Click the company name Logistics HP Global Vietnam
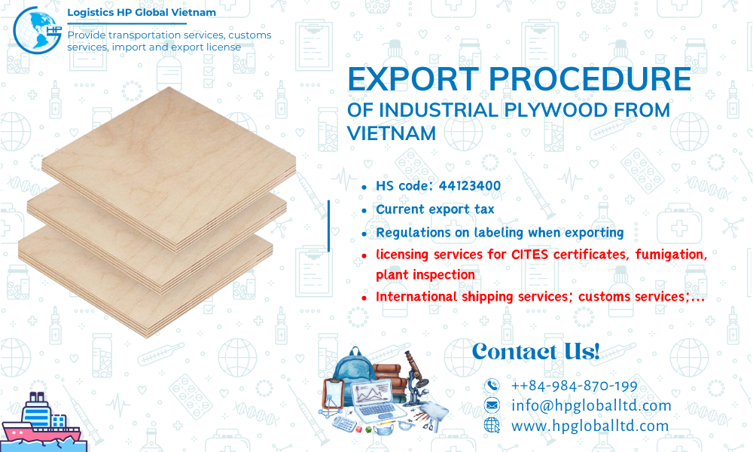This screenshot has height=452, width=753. [142, 13]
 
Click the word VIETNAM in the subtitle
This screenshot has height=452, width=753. [392, 133]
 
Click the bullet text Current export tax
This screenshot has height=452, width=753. [435, 209]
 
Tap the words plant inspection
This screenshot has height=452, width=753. [425, 275]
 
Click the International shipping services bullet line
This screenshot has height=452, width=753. [540, 297]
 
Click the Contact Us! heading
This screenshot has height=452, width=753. [535, 351]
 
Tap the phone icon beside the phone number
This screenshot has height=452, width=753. [492, 386]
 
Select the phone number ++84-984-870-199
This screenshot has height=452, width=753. [574, 386]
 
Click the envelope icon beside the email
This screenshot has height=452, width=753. [492, 405]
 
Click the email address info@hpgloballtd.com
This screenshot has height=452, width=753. [590, 405]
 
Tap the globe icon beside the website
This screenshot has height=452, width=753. [492, 425]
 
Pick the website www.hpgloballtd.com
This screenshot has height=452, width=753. [590, 425]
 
